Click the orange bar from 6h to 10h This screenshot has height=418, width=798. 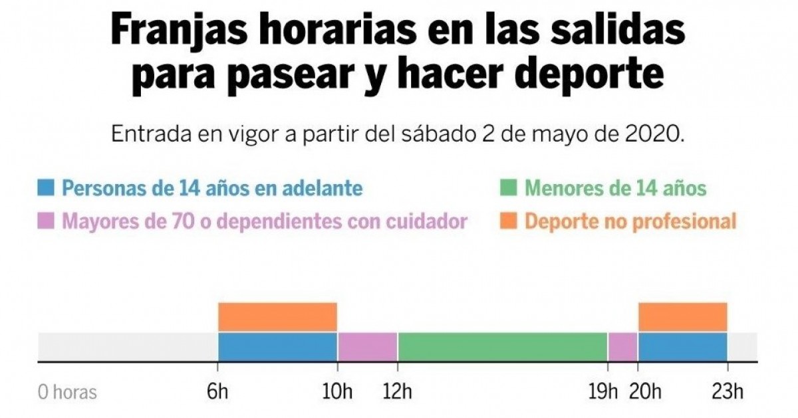click(x=277, y=317)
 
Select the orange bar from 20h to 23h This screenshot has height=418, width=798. click(x=682, y=317)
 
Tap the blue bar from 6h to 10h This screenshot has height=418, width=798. click(x=277, y=346)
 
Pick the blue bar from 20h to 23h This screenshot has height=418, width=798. click(x=682, y=346)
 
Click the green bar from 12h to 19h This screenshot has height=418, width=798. click(x=503, y=346)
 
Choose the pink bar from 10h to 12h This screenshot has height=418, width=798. click(x=368, y=346)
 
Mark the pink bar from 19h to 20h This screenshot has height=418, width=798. click(x=623, y=346)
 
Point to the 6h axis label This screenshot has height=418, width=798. click(x=218, y=392)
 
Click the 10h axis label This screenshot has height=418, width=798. click(x=337, y=392)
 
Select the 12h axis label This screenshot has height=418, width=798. click(x=398, y=392)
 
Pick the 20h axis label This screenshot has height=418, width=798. click(x=641, y=392)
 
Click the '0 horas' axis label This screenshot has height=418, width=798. click(x=67, y=392)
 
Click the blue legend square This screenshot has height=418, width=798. click(x=46, y=188)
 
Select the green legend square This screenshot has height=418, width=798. click(x=509, y=188)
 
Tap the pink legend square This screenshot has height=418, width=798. click(x=46, y=221)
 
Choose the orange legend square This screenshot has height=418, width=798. click(x=509, y=221)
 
